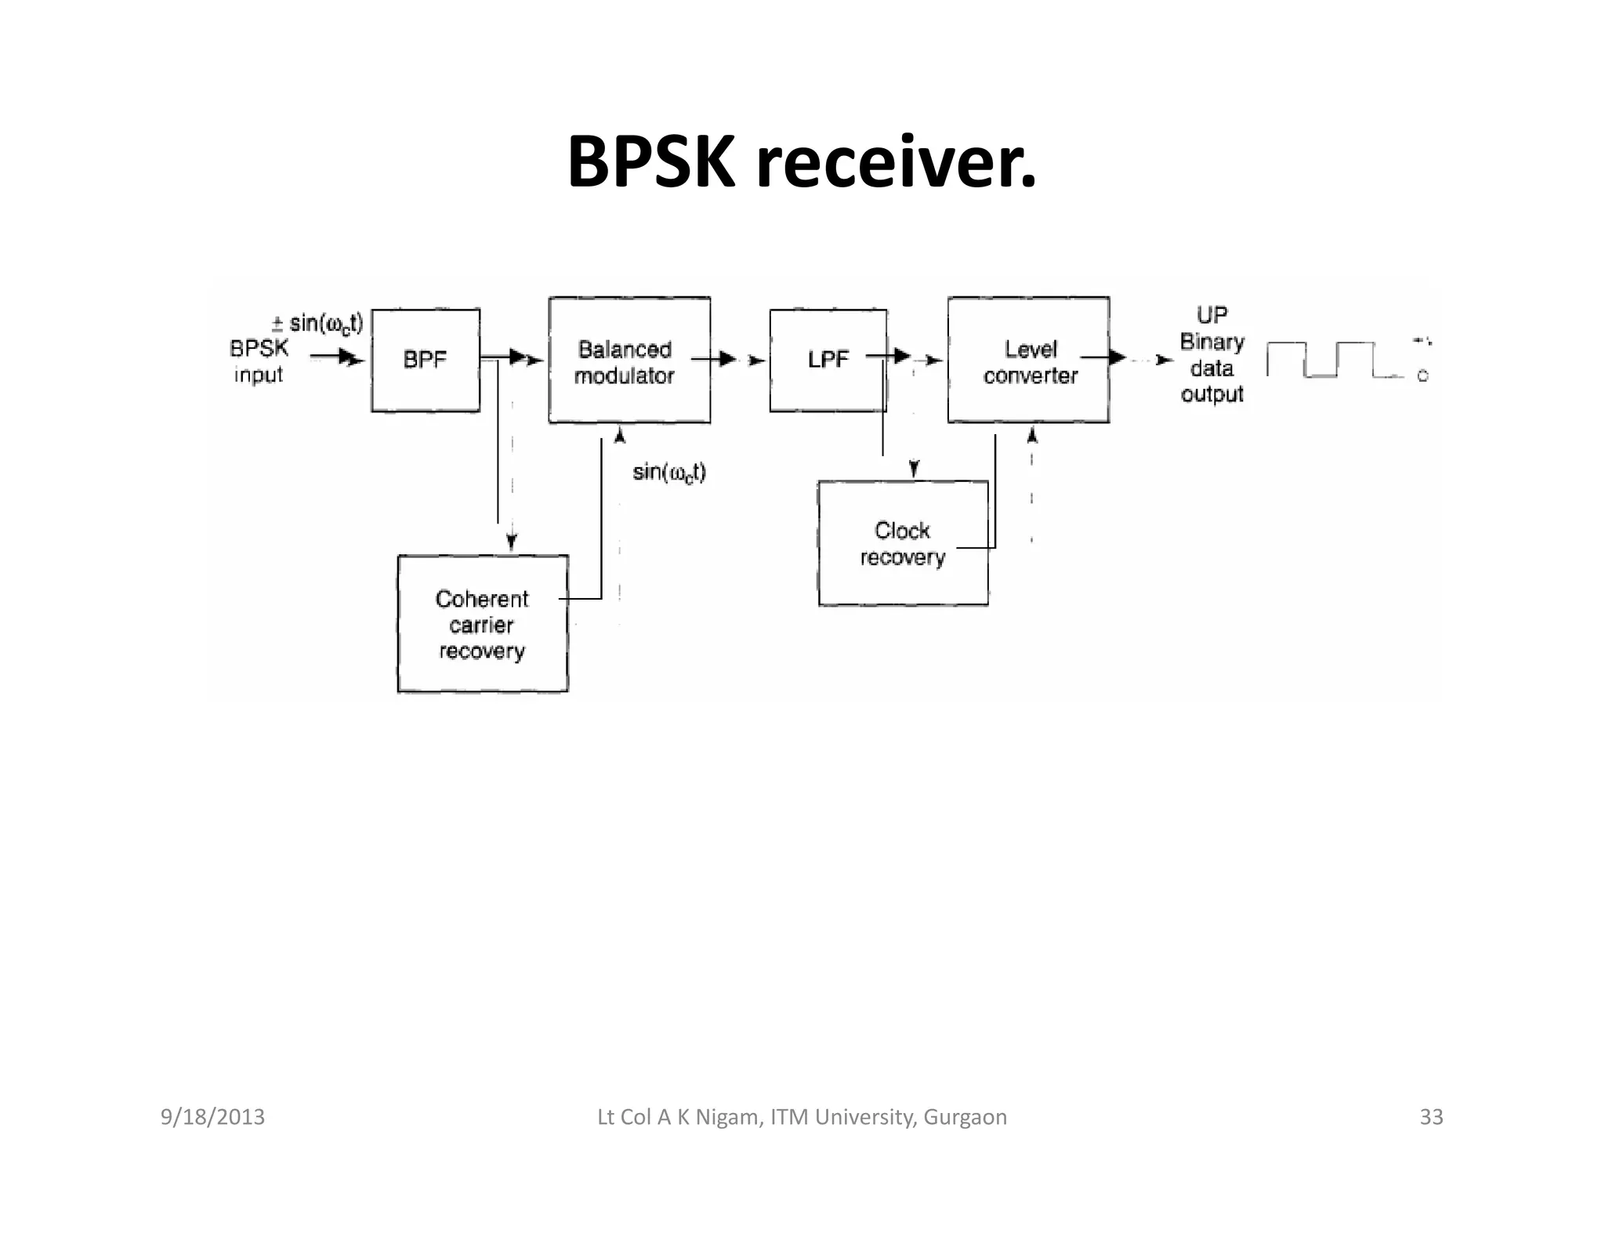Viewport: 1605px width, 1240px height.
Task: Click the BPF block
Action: pos(425,360)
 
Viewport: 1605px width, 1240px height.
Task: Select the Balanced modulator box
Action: pos(629,361)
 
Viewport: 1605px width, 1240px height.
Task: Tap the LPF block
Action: pos(828,360)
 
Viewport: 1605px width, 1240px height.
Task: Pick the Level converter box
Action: pos(1028,361)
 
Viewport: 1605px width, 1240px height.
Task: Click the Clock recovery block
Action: pos(902,543)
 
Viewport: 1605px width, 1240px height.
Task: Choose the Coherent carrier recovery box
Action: pos(482,624)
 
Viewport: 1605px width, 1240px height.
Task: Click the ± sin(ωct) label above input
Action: pos(317,324)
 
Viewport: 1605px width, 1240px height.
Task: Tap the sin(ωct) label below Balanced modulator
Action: pos(668,473)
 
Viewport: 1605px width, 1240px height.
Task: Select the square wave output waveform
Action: pos(1324,360)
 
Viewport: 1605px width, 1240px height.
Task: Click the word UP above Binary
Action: pos(1212,315)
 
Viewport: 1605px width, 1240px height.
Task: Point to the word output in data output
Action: pos(1212,394)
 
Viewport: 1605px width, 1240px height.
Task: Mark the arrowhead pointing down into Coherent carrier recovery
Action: pos(512,541)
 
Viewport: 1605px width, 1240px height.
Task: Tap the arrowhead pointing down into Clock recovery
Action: pos(914,469)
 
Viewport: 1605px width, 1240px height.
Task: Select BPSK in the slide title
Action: pos(650,163)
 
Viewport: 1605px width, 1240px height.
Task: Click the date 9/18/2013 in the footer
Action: pos(212,1117)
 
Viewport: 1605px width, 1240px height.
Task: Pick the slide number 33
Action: pos(1431,1117)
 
